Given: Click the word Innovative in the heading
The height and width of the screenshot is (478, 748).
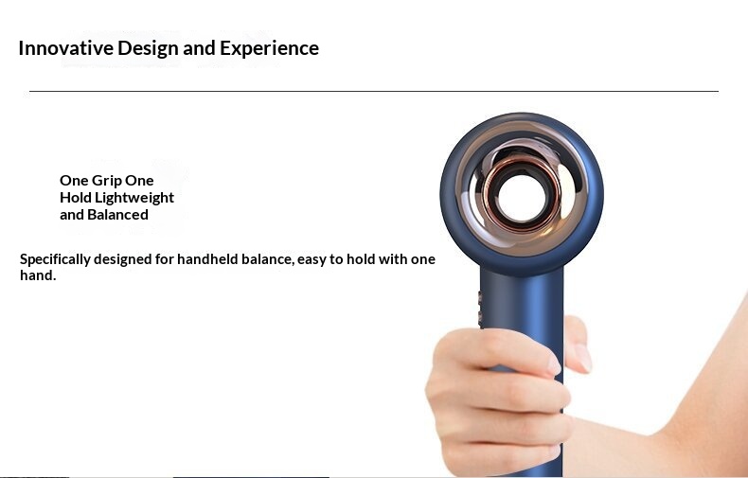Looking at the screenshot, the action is point(66,48).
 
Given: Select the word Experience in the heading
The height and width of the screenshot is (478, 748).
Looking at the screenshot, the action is point(269,49).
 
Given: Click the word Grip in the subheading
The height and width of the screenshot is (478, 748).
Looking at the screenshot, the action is point(106,181).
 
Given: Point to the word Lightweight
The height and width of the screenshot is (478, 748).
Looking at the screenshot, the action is point(134,198).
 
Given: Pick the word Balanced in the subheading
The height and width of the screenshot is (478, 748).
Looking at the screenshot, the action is point(117,215).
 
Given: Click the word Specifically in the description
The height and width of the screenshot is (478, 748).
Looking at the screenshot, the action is point(55,260).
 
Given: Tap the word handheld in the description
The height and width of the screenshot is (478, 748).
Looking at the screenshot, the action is point(207,259).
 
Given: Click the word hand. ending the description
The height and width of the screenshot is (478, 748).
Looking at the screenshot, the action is point(38,275).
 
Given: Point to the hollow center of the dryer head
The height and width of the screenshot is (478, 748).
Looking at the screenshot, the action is point(521,198).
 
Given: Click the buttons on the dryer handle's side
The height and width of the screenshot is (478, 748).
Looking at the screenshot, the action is point(480,308).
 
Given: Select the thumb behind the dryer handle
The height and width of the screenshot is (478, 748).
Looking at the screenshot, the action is point(578,344).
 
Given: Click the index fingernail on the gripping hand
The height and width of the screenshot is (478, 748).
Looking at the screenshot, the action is point(554,365).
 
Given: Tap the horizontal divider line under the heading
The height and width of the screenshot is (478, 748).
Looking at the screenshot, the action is point(374,91).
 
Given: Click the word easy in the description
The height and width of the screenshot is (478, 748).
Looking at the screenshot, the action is point(312,260).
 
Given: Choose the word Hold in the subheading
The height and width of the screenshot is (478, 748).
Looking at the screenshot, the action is point(76,198).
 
